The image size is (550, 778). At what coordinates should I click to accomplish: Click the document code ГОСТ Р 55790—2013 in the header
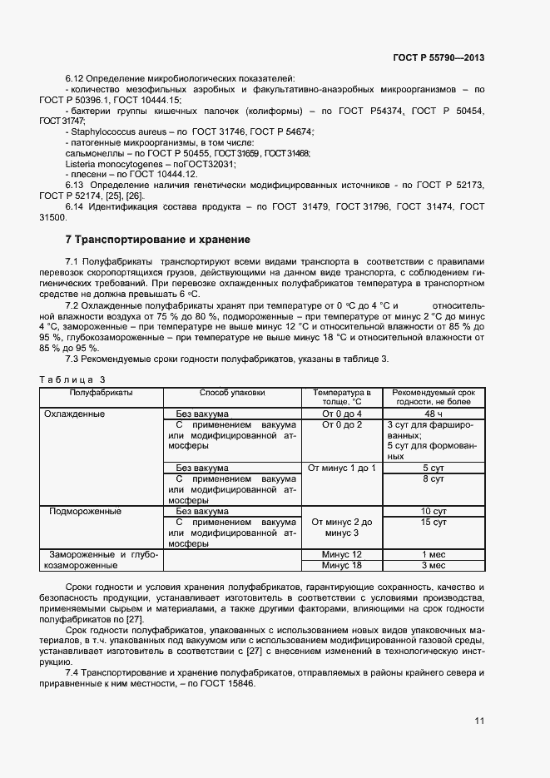[438, 57]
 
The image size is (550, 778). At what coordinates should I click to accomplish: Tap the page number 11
[479, 721]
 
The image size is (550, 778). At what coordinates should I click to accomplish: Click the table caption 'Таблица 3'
[73, 379]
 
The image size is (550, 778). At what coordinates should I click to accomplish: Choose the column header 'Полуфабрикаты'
[102, 392]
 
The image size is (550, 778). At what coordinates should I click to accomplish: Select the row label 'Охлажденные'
[74, 414]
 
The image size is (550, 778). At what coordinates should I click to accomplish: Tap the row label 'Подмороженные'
[86, 511]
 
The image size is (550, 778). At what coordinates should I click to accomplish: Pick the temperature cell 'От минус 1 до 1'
[342, 468]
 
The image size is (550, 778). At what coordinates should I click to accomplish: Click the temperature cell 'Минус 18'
[342, 566]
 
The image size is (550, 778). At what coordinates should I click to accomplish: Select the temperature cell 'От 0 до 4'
[342, 414]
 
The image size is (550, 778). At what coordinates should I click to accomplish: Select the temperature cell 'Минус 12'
[342, 554]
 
